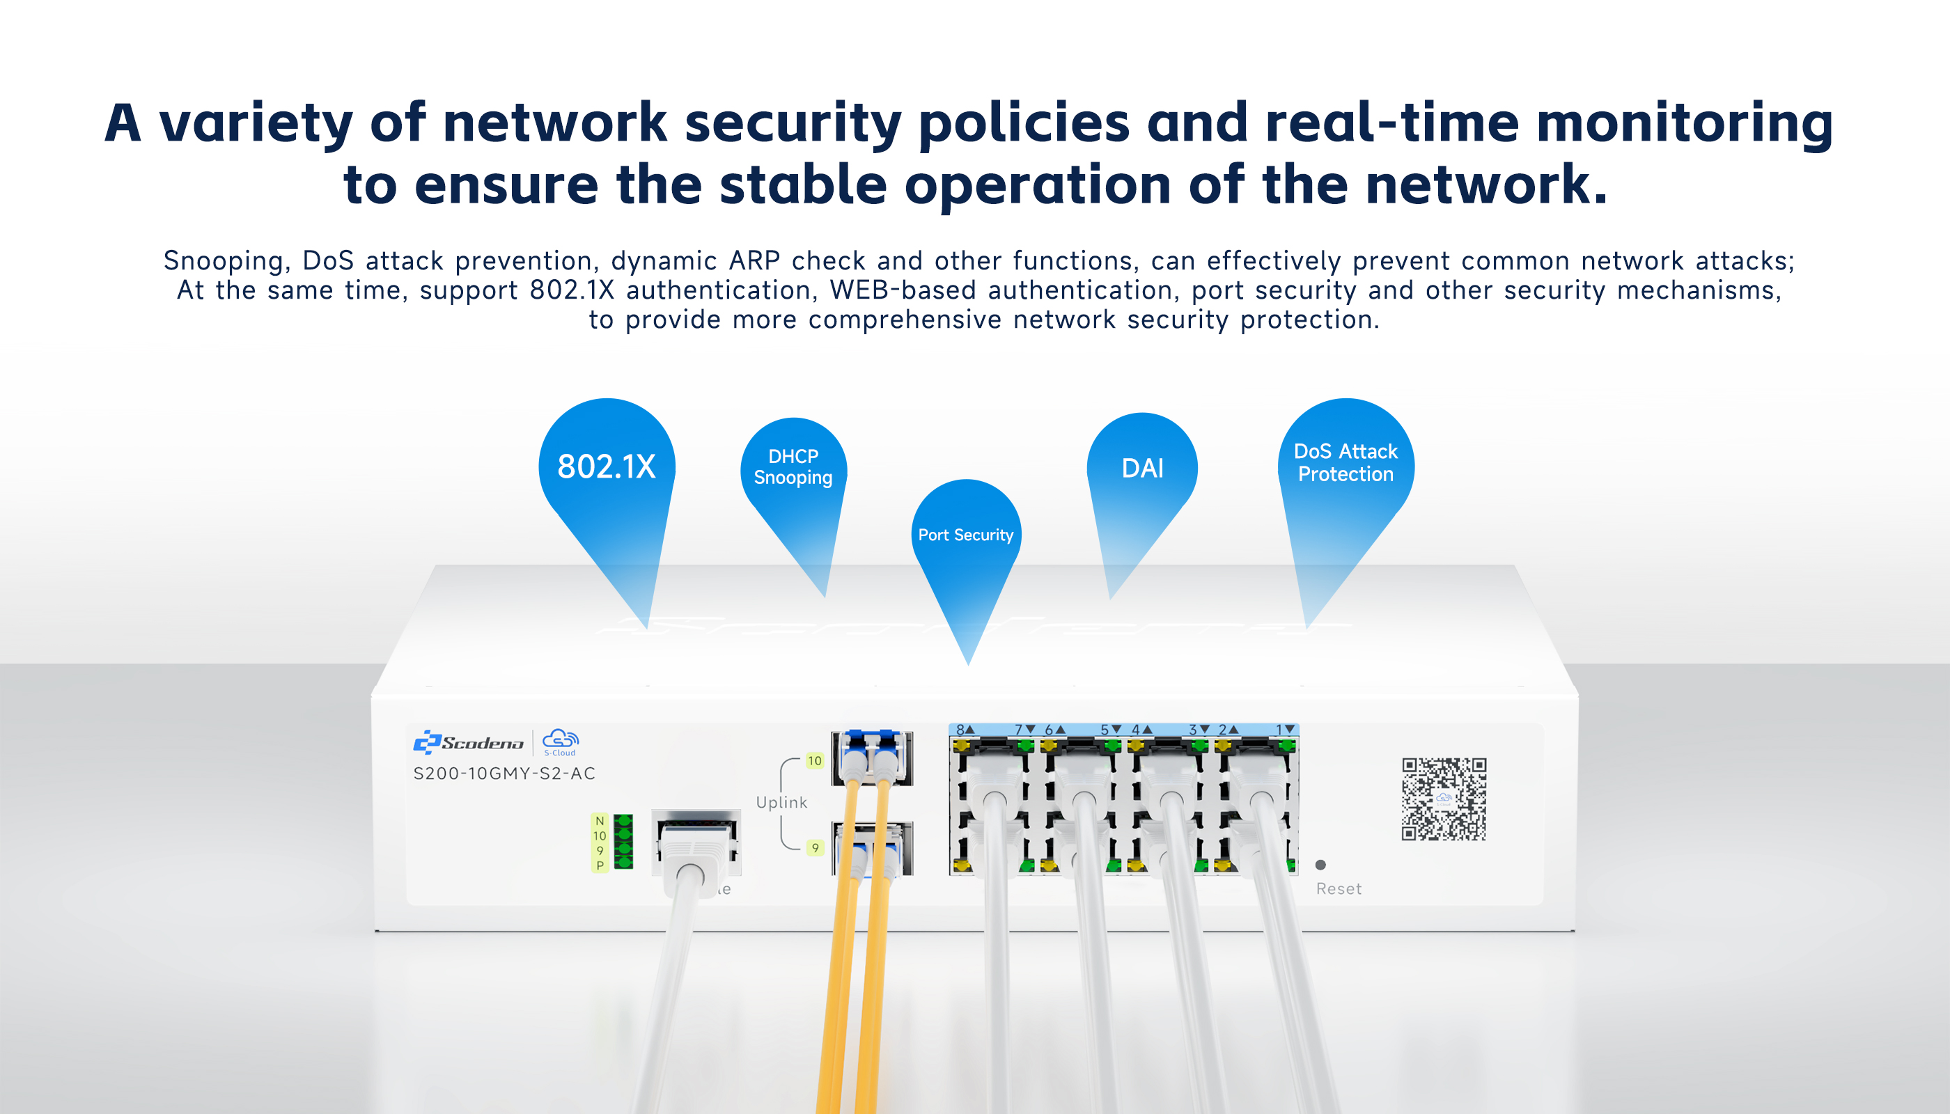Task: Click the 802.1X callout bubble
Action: tap(606, 466)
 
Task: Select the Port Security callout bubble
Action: tap(966, 535)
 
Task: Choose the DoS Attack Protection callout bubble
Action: tap(1345, 463)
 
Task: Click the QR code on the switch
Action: tap(1444, 799)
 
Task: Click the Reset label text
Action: tap(1339, 889)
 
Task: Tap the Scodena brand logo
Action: tap(469, 742)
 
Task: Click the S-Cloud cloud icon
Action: tap(560, 741)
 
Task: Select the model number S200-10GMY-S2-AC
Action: tap(504, 774)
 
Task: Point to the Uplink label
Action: tap(781, 803)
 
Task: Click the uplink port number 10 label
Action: tap(814, 760)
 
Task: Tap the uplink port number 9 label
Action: tap(815, 848)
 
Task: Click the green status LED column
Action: tap(624, 842)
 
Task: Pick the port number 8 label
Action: tap(960, 730)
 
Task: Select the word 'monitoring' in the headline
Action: tap(1684, 124)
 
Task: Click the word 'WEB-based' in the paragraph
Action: tap(903, 291)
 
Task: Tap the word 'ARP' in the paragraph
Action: tap(754, 261)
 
